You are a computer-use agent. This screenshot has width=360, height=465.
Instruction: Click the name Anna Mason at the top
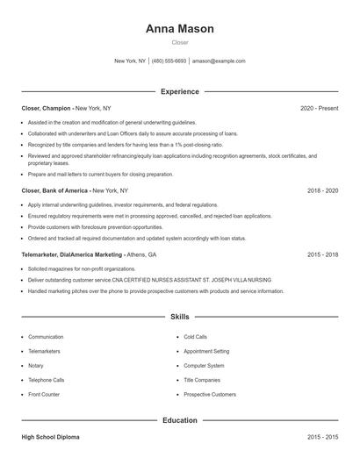coord(179,29)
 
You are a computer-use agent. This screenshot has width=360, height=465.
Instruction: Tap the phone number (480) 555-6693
coord(169,61)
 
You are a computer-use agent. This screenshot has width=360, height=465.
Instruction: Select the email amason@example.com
coord(219,61)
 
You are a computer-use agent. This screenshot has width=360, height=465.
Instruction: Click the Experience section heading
coord(179,91)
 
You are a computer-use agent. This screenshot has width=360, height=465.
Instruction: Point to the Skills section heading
coord(179,316)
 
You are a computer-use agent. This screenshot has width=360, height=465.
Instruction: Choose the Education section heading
coord(179,420)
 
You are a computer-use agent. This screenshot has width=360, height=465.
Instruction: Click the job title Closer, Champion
coord(47,108)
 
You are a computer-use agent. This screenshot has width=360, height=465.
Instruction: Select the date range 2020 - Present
coord(319,108)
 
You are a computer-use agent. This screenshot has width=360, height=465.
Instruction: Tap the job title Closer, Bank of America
coord(55,190)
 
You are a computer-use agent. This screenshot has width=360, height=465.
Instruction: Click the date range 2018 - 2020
coord(322,190)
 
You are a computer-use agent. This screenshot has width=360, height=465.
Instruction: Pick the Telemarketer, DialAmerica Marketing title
coord(72,254)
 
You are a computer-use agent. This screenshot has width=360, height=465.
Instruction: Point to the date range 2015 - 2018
coord(322,254)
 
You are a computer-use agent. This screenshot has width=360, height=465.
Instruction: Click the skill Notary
coord(35,366)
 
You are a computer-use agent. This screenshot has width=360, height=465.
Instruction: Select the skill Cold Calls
coord(195,337)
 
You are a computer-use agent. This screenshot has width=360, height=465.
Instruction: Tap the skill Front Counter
coord(44,395)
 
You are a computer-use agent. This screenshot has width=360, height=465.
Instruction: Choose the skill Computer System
coord(204,366)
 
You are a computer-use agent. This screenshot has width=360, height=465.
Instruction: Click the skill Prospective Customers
coord(210,395)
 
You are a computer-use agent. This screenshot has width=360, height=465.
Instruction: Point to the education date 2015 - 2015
coord(322,436)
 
